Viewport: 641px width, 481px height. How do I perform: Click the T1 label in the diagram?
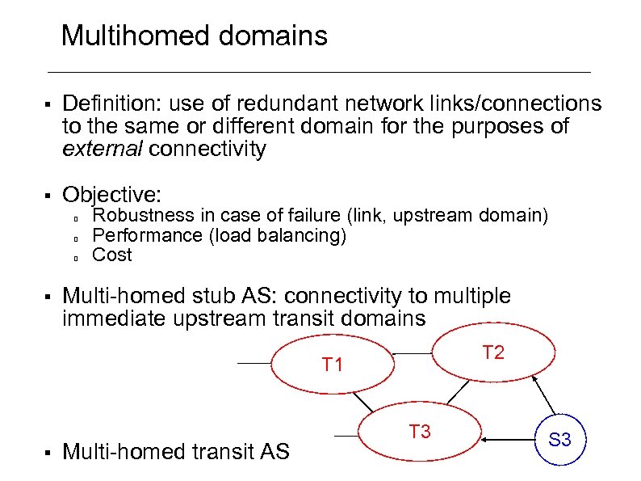click(x=333, y=365)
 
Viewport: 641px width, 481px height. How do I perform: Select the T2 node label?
click(x=493, y=352)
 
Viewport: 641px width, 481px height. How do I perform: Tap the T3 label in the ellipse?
click(x=420, y=432)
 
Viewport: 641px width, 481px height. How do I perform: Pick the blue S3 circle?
click(x=559, y=440)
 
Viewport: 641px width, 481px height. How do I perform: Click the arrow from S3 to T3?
click(x=509, y=439)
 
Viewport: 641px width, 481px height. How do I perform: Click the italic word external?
click(x=103, y=150)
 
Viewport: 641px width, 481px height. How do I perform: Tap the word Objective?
click(x=112, y=195)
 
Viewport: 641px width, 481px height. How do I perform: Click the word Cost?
click(x=112, y=255)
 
